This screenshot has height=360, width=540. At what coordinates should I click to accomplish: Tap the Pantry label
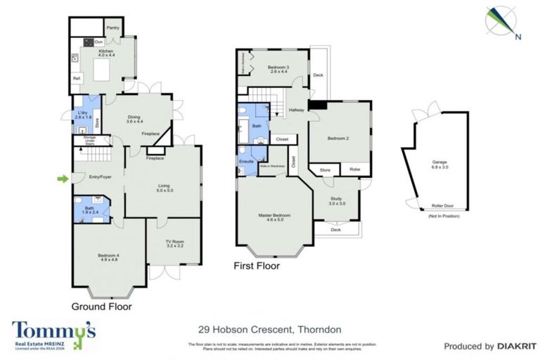click(112, 27)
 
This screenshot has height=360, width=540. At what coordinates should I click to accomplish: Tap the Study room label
click(338, 200)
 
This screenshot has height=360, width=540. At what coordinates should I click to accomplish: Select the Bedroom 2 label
click(338, 139)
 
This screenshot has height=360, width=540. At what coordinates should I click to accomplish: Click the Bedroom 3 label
click(278, 68)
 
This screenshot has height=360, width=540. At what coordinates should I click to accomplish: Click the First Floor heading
click(257, 266)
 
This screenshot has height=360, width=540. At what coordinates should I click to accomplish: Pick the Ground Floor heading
click(101, 307)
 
